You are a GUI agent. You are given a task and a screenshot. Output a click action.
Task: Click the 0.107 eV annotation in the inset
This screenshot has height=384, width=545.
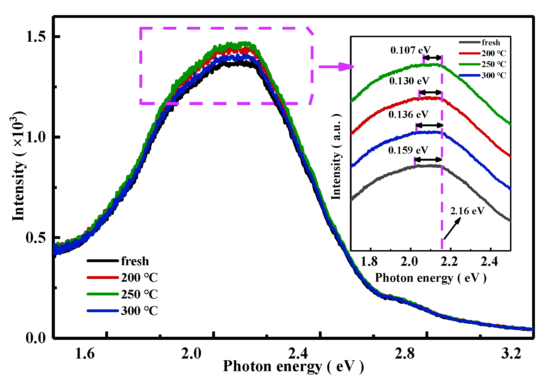point(410,50)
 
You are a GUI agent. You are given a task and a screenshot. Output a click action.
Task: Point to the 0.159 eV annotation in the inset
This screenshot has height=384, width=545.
point(408,150)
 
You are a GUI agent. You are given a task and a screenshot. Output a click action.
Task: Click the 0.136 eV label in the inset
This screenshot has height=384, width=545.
point(408,115)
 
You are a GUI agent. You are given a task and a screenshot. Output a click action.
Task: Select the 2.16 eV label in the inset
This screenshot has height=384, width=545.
point(467,211)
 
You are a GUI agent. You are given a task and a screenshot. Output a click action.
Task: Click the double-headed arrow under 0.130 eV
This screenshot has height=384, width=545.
point(430,92)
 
